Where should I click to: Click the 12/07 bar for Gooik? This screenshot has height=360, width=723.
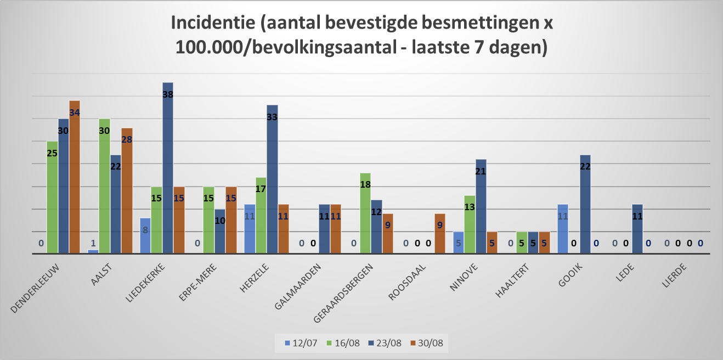(563, 229)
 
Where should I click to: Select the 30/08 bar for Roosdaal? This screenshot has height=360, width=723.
(439, 233)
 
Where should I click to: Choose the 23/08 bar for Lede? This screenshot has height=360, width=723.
(637, 229)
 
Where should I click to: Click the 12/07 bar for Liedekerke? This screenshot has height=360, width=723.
(145, 235)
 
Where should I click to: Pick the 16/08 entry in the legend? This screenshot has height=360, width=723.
(341, 343)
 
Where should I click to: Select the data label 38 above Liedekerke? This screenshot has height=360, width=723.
(168, 94)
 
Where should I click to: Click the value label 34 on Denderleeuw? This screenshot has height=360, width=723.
(75, 113)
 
